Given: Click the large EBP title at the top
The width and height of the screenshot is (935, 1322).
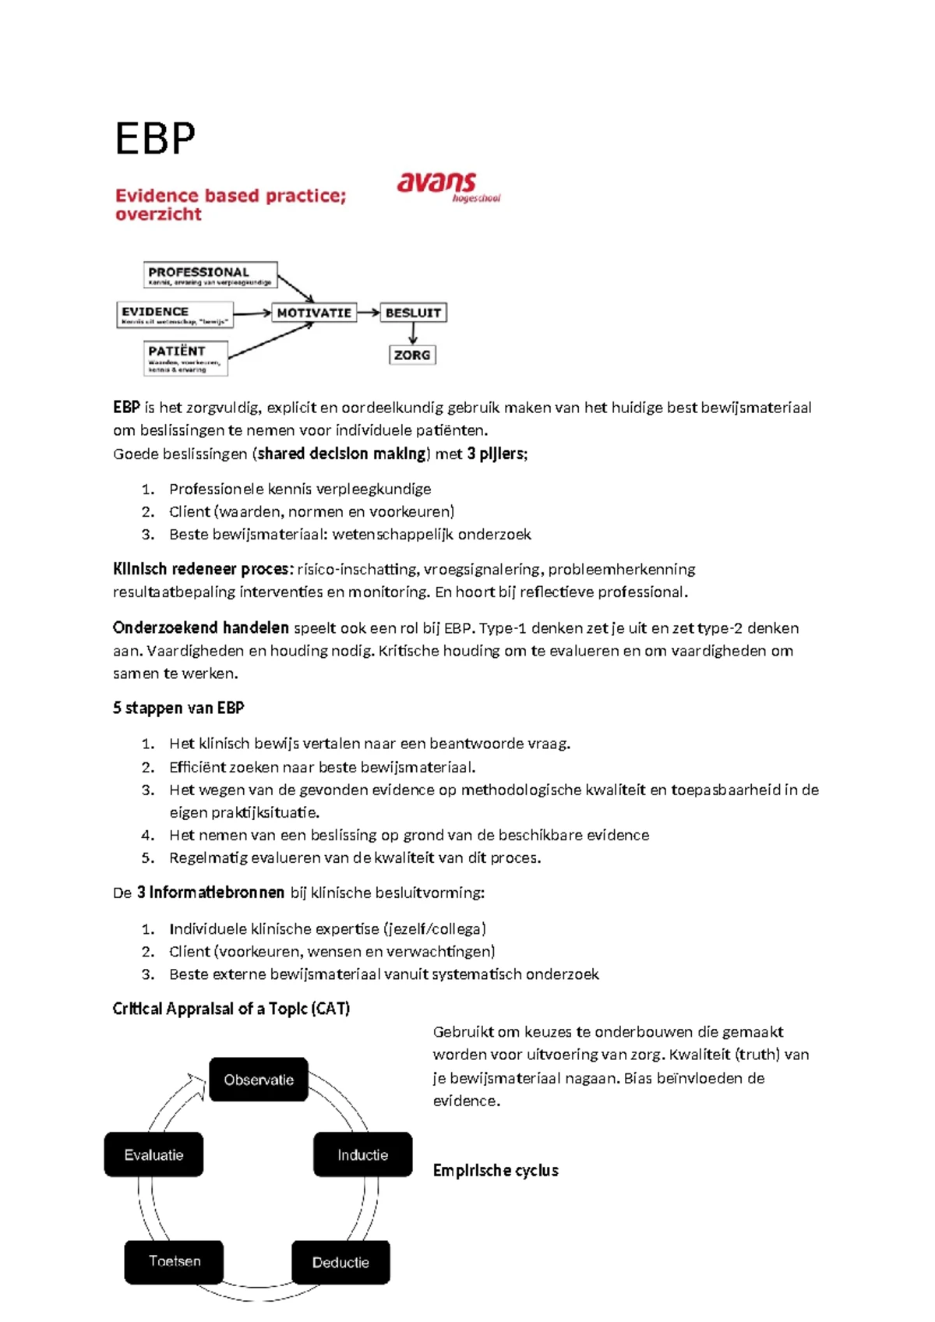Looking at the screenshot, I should click(155, 140).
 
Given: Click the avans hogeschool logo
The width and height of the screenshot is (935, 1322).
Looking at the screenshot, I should click(446, 187).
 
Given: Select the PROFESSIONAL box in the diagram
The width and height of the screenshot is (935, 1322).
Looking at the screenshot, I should click(210, 275).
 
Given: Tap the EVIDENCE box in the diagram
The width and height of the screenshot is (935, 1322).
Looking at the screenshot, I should click(175, 314).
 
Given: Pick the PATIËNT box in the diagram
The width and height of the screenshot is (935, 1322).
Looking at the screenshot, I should click(186, 358).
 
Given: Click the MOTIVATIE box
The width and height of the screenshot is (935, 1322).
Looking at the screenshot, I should click(314, 313).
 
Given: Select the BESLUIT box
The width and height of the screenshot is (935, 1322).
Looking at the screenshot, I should click(413, 313).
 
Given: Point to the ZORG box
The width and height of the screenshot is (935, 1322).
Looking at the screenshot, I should click(412, 355).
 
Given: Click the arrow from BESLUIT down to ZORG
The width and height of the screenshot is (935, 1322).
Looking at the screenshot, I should click(413, 334).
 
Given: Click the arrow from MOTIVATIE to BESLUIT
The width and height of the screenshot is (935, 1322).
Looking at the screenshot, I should click(368, 313).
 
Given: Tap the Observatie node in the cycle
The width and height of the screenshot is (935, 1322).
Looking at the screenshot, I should click(259, 1080).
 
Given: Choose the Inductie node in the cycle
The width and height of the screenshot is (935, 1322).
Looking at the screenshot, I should click(362, 1154).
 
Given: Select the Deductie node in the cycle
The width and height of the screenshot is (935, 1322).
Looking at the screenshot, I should click(340, 1262).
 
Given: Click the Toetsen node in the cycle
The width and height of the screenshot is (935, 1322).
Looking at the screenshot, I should click(175, 1261).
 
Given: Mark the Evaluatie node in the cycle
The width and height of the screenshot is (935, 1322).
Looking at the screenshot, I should click(153, 1154).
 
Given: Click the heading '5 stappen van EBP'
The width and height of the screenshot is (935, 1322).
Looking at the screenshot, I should click(178, 708).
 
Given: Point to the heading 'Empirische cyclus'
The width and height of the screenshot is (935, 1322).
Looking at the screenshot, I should click(496, 1170).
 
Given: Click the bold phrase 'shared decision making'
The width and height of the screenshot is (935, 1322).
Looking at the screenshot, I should click(342, 454).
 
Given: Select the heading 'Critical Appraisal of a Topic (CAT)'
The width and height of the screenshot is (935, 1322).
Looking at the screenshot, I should click(231, 1009).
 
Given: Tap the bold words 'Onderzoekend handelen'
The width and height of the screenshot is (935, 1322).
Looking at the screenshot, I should click(200, 627).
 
